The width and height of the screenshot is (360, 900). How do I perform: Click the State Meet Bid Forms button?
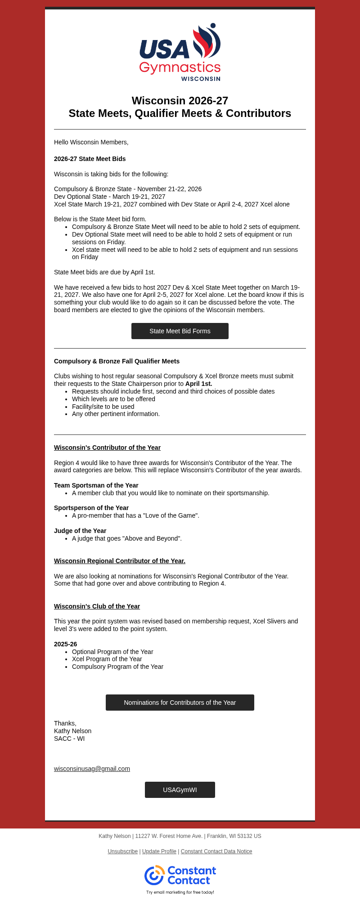[x=180, y=331]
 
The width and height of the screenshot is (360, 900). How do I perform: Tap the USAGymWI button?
[x=180, y=790]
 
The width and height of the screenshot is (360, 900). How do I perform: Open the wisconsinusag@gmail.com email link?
[x=92, y=769]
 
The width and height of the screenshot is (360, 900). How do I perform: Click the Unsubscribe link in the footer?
[x=122, y=851]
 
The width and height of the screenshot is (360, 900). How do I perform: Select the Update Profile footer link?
[x=159, y=851]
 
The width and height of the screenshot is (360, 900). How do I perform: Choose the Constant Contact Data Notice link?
[x=216, y=851]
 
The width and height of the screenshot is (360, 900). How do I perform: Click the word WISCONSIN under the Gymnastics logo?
[x=201, y=79]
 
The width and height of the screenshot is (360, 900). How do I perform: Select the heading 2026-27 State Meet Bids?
[x=90, y=159]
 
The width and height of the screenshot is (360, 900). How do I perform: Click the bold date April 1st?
[x=199, y=384]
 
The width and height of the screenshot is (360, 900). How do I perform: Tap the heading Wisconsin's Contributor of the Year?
[x=107, y=448]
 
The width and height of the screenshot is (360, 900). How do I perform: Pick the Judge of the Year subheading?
[x=80, y=531]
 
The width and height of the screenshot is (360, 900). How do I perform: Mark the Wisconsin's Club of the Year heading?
[x=97, y=606]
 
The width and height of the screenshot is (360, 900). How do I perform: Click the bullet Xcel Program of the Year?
[x=107, y=659]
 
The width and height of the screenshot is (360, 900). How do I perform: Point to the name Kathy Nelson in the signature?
[x=72, y=731]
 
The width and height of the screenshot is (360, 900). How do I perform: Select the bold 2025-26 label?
[x=65, y=644]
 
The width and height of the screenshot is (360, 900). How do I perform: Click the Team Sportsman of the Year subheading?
[x=96, y=485]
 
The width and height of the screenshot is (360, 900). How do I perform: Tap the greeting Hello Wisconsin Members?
[x=91, y=142]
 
